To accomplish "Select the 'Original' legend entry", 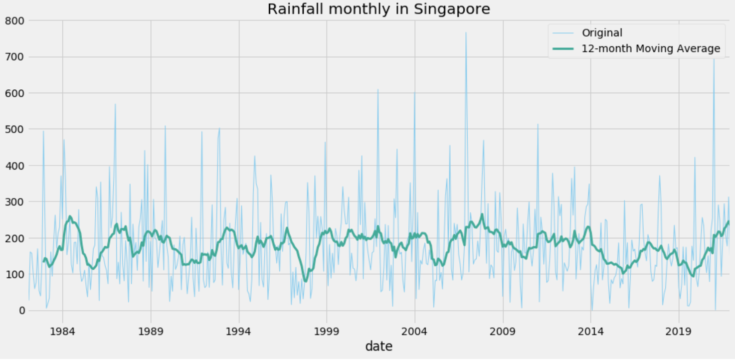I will pos(602,33).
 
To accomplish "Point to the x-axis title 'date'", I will pos(378,346).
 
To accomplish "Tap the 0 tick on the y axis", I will pos(22,311).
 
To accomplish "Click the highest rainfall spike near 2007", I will pos(466,33).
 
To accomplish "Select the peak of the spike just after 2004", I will pos(414,92).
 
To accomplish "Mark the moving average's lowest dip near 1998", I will pos(305,281).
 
